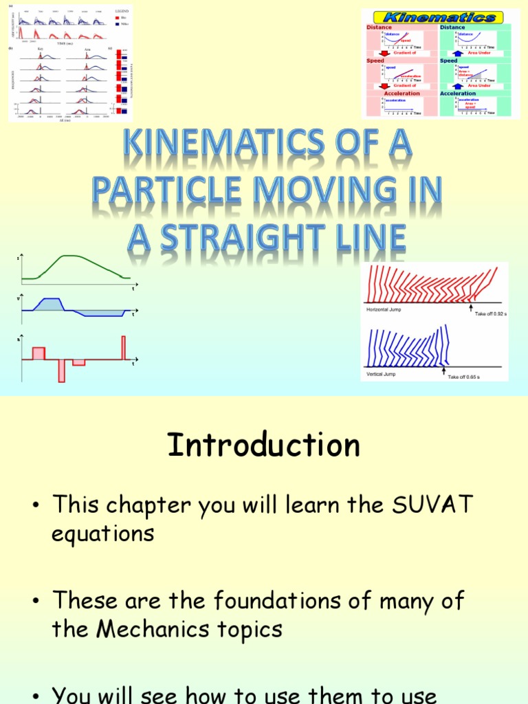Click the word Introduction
pos(263,445)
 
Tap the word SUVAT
pos(432,505)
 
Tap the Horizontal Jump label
pos(385,310)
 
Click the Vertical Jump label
pos(381,374)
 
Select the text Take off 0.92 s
pos(490,313)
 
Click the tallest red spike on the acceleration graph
pos(124,347)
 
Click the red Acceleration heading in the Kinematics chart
pos(402,93)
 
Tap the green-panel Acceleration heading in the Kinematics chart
pos(458,93)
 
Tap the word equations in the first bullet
pos(103,533)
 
